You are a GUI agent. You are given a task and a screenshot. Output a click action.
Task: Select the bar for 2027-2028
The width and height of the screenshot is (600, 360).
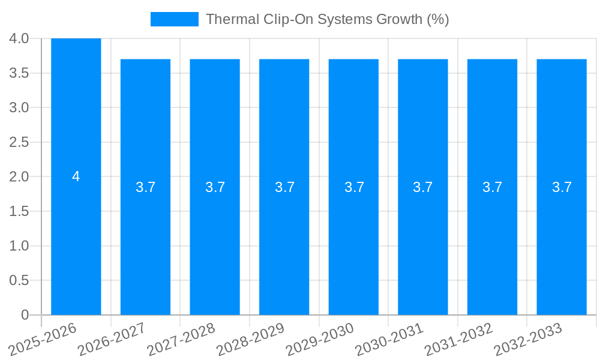tap(215, 240)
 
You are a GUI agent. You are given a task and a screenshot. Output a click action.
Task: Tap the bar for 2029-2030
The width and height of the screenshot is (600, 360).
tap(353, 240)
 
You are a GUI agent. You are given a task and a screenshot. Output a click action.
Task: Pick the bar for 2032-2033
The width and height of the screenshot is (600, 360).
tap(562, 240)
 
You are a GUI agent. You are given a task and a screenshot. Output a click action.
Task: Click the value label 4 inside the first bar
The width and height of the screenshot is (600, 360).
tap(76, 176)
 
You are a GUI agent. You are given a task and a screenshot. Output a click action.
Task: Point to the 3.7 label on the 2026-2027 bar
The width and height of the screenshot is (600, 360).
tap(146, 187)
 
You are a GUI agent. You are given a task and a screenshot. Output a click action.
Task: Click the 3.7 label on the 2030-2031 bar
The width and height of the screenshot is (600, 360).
tap(423, 187)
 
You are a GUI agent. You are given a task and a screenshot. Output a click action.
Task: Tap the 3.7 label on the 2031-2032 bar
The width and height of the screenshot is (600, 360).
tap(493, 187)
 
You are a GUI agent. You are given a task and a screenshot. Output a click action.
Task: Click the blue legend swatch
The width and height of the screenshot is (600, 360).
tap(174, 19)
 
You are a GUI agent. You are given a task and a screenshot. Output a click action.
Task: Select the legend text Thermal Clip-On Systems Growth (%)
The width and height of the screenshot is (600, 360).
tap(327, 19)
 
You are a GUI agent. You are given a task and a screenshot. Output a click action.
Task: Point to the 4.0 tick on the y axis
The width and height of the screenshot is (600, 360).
tap(19, 38)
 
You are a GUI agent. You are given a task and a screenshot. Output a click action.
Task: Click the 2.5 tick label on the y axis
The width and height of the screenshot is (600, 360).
tap(19, 142)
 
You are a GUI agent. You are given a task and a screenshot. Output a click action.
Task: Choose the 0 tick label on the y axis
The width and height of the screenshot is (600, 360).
tap(25, 315)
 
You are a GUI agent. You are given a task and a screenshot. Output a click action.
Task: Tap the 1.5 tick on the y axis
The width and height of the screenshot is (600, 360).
tap(19, 211)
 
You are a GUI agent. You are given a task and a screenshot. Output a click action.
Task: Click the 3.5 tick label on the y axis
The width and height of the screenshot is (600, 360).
tap(19, 73)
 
